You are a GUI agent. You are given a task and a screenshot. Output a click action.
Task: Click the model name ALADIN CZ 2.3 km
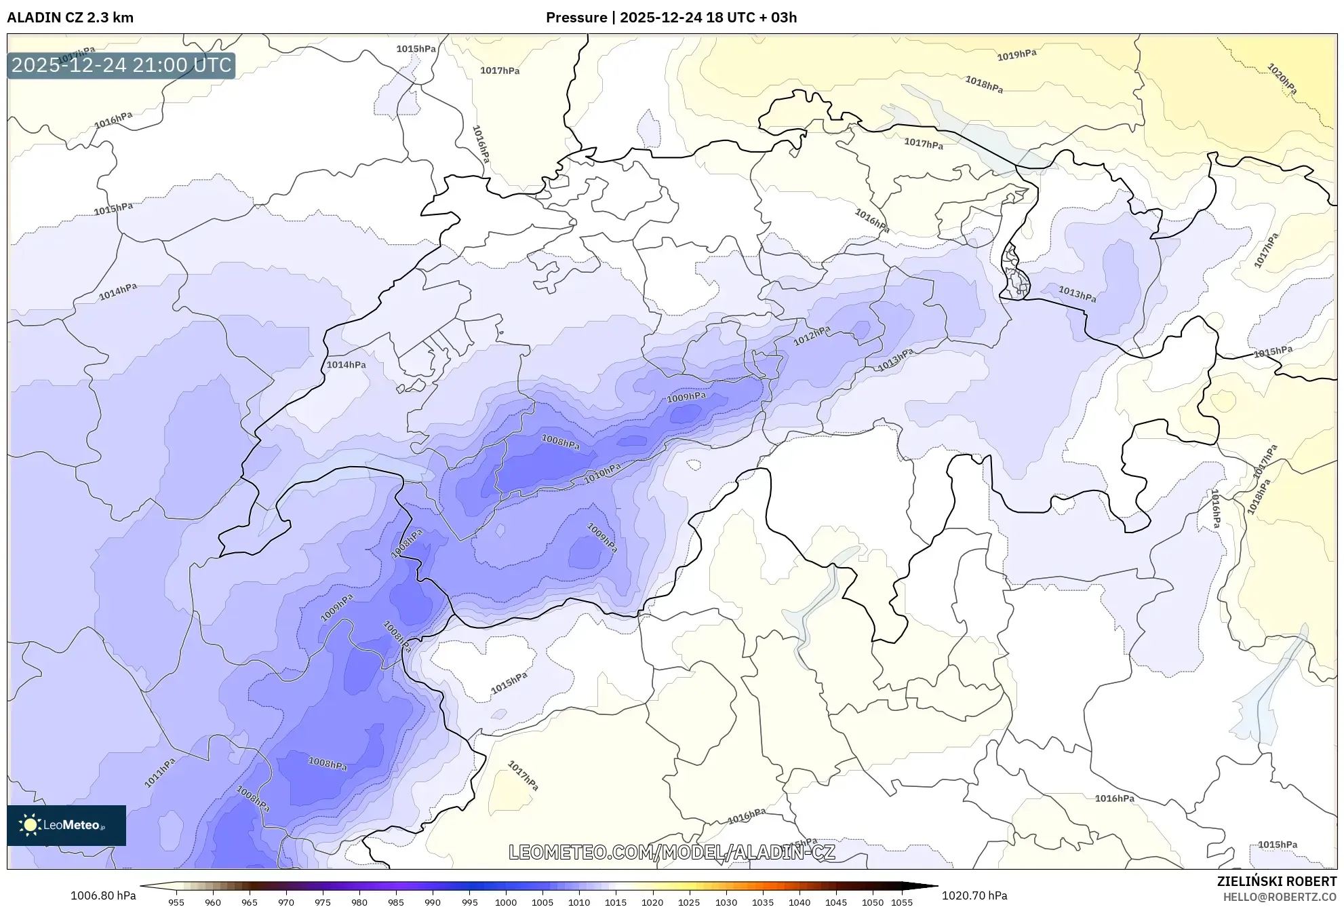(x=70, y=18)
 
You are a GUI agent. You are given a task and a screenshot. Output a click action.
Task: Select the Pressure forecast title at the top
(x=671, y=18)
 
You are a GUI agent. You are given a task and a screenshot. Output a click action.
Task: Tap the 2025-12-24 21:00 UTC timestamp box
(x=121, y=65)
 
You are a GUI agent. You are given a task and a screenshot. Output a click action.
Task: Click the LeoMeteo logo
(x=66, y=825)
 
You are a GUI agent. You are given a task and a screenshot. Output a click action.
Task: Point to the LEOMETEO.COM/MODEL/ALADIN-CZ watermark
(x=671, y=852)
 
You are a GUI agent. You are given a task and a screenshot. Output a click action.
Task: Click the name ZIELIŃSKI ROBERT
(x=1276, y=881)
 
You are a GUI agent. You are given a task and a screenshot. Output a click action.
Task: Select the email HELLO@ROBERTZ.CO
(x=1279, y=897)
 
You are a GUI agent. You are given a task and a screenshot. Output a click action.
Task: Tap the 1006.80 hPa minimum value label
(x=103, y=895)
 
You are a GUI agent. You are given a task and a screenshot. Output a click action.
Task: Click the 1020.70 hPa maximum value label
(x=974, y=895)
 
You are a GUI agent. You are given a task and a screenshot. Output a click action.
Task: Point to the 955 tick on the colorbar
(x=176, y=902)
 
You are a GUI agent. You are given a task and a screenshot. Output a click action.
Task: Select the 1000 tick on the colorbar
(x=506, y=902)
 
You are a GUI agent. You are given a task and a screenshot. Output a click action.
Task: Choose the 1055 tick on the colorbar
(x=902, y=902)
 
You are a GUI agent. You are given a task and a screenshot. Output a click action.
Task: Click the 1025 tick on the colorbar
(x=689, y=902)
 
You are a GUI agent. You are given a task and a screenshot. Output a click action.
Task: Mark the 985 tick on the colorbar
(x=396, y=902)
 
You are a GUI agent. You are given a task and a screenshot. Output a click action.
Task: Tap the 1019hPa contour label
(x=1016, y=55)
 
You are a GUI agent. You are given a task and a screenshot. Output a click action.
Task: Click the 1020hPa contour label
(x=1282, y=79)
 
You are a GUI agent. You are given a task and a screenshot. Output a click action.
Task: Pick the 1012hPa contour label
(x=812, y=335)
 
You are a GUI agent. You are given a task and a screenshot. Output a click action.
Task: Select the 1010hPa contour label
(x=602, y=474)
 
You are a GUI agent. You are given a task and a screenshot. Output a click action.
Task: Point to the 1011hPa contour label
(x=160, y=773)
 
